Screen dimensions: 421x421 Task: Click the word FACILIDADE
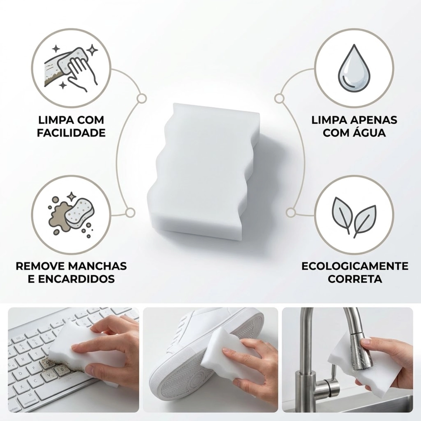[x=71, y=133]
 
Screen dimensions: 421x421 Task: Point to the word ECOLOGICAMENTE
[x=355, y=266]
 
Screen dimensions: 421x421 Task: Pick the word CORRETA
[x=355, y=279]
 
